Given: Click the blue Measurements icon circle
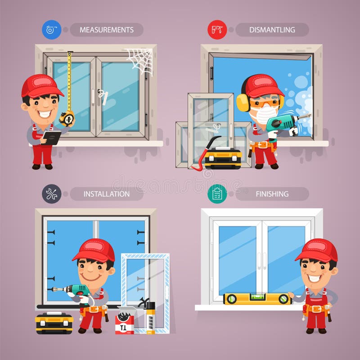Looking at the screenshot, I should coord(51,30).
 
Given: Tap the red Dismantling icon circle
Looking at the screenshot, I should coord(217,30).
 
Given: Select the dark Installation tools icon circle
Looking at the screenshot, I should coord(51,194).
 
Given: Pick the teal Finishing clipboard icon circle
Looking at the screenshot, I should coord(217,194).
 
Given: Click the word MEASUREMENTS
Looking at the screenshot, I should coord(107,30).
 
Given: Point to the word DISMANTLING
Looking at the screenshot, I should coord(272,30).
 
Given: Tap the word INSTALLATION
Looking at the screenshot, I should coord(107,194).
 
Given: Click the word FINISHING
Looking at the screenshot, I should coord(272,194).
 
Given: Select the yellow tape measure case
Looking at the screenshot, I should coord(67,118).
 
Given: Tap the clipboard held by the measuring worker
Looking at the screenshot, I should coord(51,137).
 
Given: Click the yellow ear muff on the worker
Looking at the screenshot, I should coord(243,102).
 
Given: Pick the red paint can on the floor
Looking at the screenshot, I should coord(124,323).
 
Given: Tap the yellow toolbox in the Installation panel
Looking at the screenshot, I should coord(54,323).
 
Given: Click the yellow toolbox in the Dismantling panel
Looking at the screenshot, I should coord(223,158).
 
